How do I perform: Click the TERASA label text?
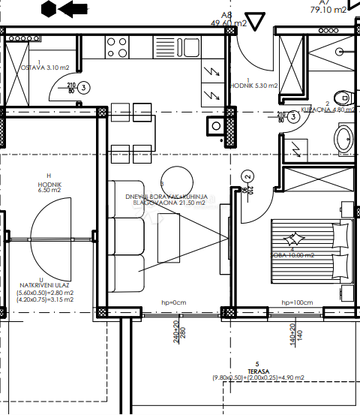point(256,369)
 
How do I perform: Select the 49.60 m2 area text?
point(228,23)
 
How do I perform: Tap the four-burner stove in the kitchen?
point(117,47)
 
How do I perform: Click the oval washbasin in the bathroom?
point(343,140)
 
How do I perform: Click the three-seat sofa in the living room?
point(125,236)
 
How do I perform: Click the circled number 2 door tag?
point(247,177)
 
